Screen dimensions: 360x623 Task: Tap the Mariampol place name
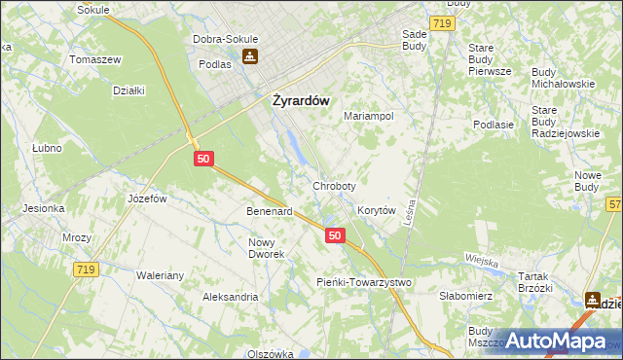click(x=368, y=115)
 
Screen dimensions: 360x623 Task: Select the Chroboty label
click(x=334, y=185)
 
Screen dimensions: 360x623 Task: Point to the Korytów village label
click(x=376, y=210)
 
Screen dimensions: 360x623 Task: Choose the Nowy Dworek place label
click(x=266, y=248)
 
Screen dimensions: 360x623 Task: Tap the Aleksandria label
click(x=230, y=296)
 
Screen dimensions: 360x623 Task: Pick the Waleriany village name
click(x=160, y=275)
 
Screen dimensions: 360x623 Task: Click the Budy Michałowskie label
click(x=563, y=78)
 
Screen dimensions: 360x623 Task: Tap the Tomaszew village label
click(x=94, y=58)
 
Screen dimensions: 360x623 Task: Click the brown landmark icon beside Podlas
click(x=251, y=56)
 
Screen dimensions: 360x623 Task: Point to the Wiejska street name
click(x=482, y=261)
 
